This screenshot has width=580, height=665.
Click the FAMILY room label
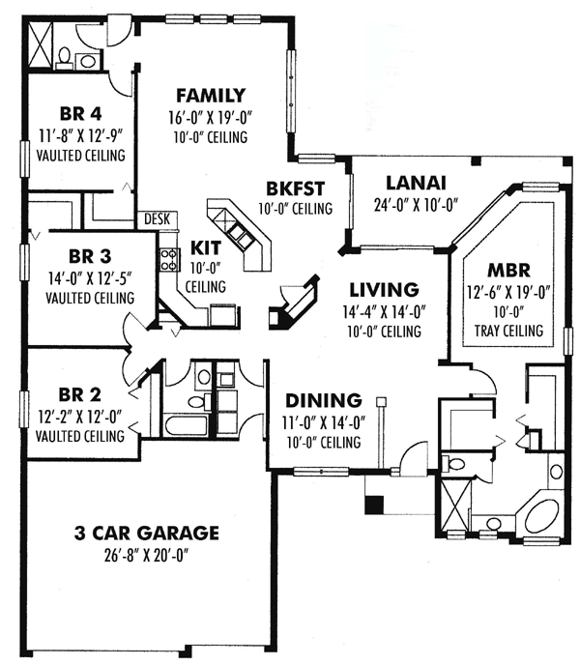pos(210,95)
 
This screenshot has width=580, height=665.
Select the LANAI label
pos(414,182)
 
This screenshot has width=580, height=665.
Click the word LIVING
pos(383,288)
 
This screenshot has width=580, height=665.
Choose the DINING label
pos(323,399)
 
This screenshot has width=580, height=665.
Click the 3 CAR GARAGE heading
pos(147,533)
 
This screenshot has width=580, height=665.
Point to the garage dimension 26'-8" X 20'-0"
pos(147,556)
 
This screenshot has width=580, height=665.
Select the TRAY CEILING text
pos(507,332)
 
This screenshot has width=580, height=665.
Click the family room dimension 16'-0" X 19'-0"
pos(210,118)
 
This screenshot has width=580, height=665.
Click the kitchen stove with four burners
pos(169,258)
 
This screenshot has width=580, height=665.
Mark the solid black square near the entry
pos(373,504)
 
